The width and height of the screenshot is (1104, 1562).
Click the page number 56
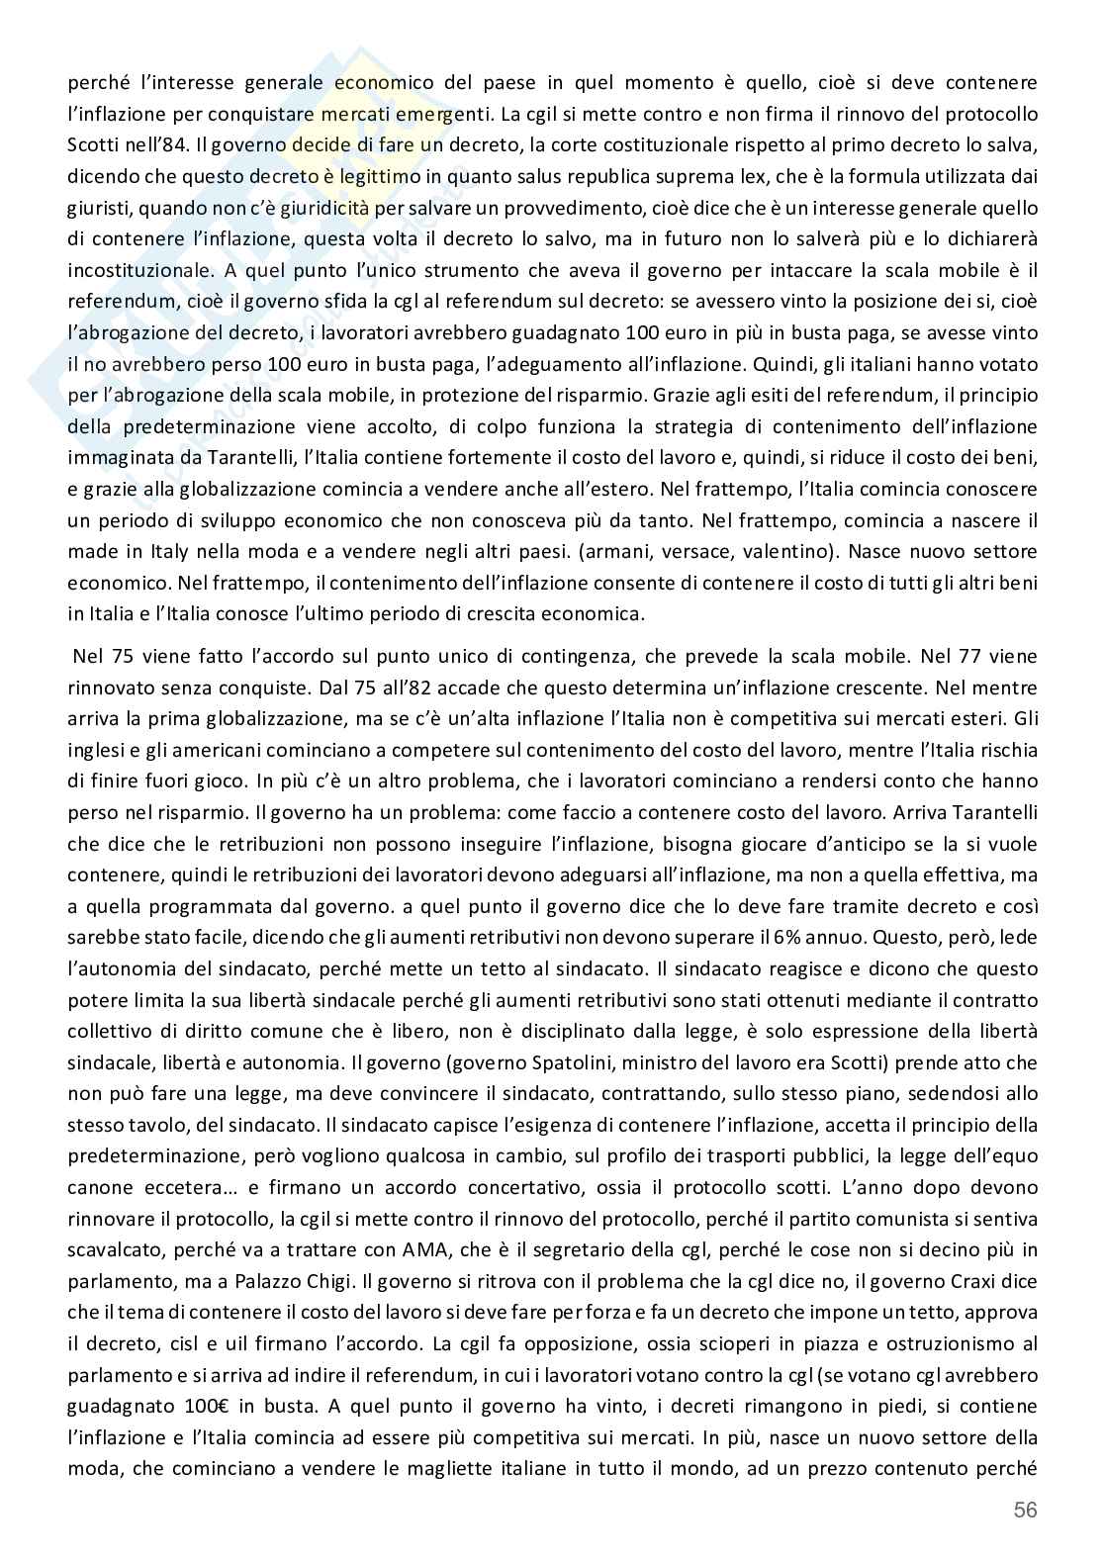[x=1025, y=1510]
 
